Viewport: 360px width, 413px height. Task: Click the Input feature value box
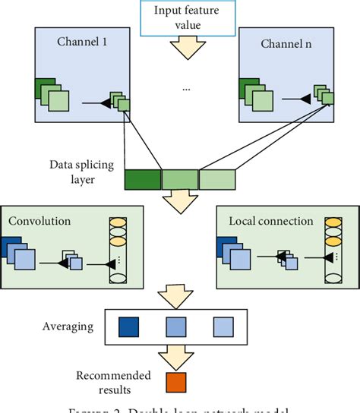(178, 19)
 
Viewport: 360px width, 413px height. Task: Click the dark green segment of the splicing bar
(143, 178)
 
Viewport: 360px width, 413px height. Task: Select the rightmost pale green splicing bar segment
(218, 178)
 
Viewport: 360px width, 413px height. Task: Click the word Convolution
(39, 221)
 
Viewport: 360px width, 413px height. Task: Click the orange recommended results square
(176, 381)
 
